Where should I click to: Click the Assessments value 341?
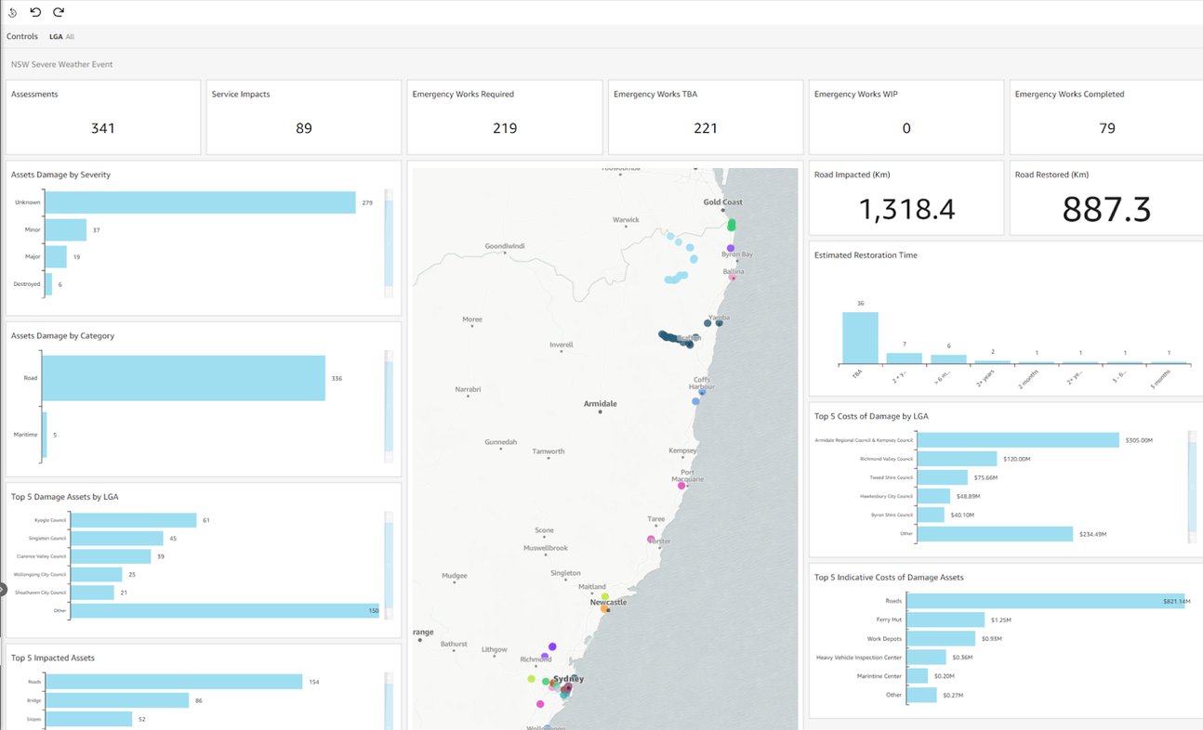(103, 128)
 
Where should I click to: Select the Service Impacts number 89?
(304, 128)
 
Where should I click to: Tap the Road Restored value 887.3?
(1105, 210)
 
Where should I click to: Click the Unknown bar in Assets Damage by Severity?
(200, 202)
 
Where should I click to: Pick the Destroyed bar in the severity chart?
(48, 284)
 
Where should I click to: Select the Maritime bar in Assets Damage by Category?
(44, 435)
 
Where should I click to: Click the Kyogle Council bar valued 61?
(134, 520)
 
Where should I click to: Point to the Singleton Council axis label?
(46, 539)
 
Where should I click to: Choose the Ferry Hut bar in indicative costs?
(945, 619)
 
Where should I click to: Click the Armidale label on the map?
(600, 404)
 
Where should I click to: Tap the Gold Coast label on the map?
(722, 202)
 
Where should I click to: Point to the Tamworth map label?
(548, 451)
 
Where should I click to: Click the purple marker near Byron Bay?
(731, 248)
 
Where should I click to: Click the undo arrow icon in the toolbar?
(35, 12)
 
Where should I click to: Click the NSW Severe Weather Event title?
(62, 65)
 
